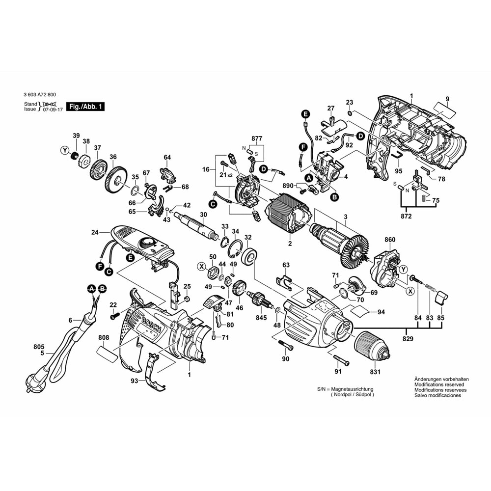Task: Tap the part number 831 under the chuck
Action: pyautogui.click(x=375, y=371)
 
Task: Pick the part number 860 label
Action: pyautogui.click(x=390, y=240)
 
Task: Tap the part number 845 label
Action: pyautogui.click(x=262, y=319)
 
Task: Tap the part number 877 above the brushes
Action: pyautogui.click(x=257, y=138)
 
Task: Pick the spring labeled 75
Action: pyautogui.click(x=422, y=198)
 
